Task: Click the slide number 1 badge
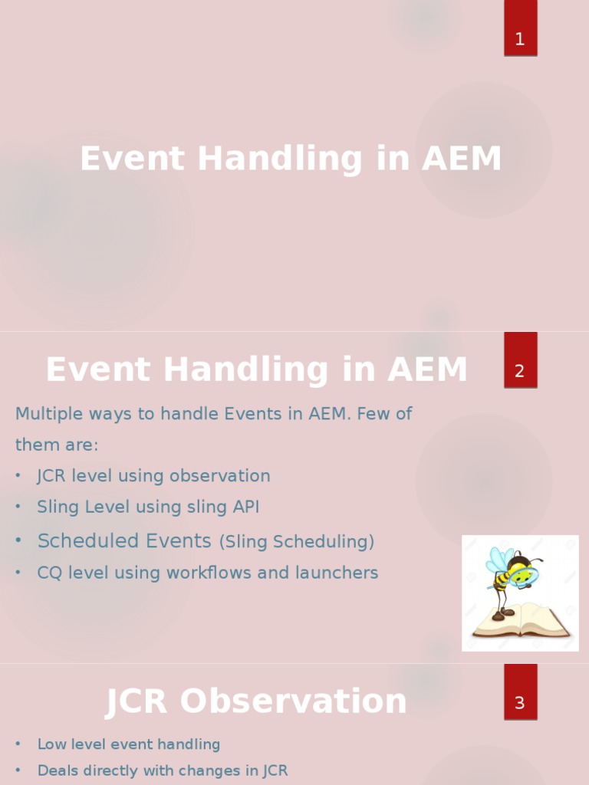click(521, 28)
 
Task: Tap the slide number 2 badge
click(521, 360)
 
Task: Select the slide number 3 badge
click(521, 691)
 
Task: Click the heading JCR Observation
click(256, 701)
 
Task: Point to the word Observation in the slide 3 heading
click(293, 701)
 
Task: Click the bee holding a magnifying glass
click(512, 581)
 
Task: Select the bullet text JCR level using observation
click(153, 475)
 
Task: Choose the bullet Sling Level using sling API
click(148, 507)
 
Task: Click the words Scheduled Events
click(124, 540)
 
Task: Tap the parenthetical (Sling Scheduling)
click(297, 542)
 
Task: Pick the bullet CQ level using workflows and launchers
click(208, 573)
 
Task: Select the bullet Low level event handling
click(129, 744)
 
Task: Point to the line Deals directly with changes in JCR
click(163, 770)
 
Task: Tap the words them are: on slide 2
click(57, 445)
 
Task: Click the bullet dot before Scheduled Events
click(18, 540)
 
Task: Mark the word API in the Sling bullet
click(246, 507)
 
